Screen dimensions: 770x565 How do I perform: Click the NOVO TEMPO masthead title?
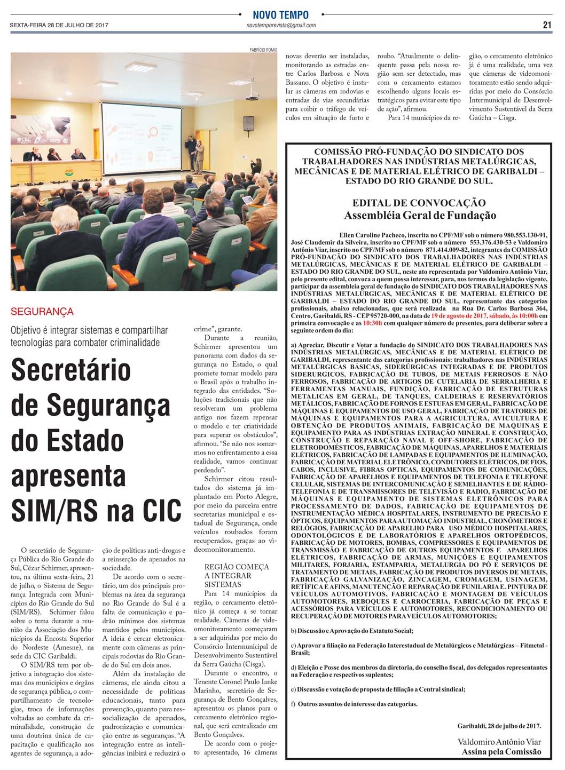(281, 15)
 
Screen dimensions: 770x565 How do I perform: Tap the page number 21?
(547, 25)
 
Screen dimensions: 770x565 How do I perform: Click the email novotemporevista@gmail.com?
(281, 26)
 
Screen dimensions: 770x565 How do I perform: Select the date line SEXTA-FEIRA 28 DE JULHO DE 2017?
(59, 25)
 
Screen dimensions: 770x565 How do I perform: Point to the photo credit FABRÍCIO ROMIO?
(263, 50)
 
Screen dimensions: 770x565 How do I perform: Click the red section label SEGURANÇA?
(42, 312)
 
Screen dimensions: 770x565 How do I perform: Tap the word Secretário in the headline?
(71, 370)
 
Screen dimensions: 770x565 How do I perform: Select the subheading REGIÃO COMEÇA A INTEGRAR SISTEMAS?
(237, 575)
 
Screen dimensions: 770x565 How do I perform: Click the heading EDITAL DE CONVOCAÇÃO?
(419, 203)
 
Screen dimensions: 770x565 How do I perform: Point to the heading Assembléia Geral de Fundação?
(420, 216)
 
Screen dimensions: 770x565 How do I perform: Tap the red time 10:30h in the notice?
(372, 323)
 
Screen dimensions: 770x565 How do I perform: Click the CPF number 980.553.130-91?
(526, 235)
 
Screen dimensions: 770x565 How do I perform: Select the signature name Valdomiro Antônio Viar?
(499, 742)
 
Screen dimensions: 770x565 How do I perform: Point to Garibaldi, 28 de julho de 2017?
(499, 726)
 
